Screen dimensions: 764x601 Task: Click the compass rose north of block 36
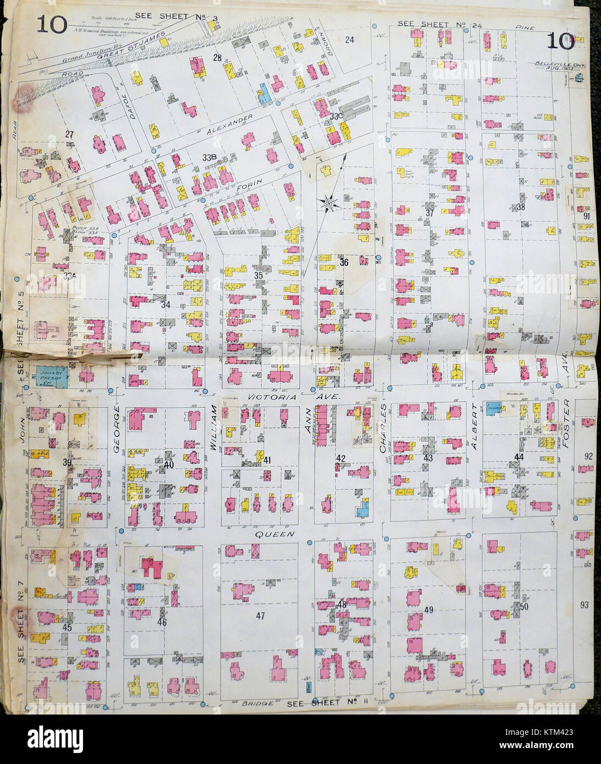point(328,203)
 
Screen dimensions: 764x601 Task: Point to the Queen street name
point(271,534)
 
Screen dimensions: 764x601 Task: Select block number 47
point(260,616)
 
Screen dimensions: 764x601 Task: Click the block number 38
point(521,207)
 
